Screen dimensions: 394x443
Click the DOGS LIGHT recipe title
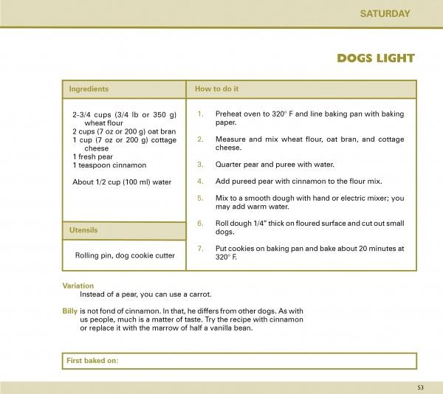376,58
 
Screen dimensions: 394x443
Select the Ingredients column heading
89,89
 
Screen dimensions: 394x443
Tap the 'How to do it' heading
216,89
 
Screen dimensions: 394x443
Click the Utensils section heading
83,231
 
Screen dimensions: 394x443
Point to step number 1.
200,114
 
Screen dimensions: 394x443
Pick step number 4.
200,181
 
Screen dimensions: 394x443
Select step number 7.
200,249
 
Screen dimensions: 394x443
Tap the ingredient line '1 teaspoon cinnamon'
110,165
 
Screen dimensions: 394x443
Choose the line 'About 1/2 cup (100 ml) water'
122,182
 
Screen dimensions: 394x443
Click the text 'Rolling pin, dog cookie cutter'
125,255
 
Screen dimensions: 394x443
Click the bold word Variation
78,286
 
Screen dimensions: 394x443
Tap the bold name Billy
70,311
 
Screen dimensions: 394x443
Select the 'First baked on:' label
93,361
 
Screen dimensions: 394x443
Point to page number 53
420,387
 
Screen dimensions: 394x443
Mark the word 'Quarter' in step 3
229,164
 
